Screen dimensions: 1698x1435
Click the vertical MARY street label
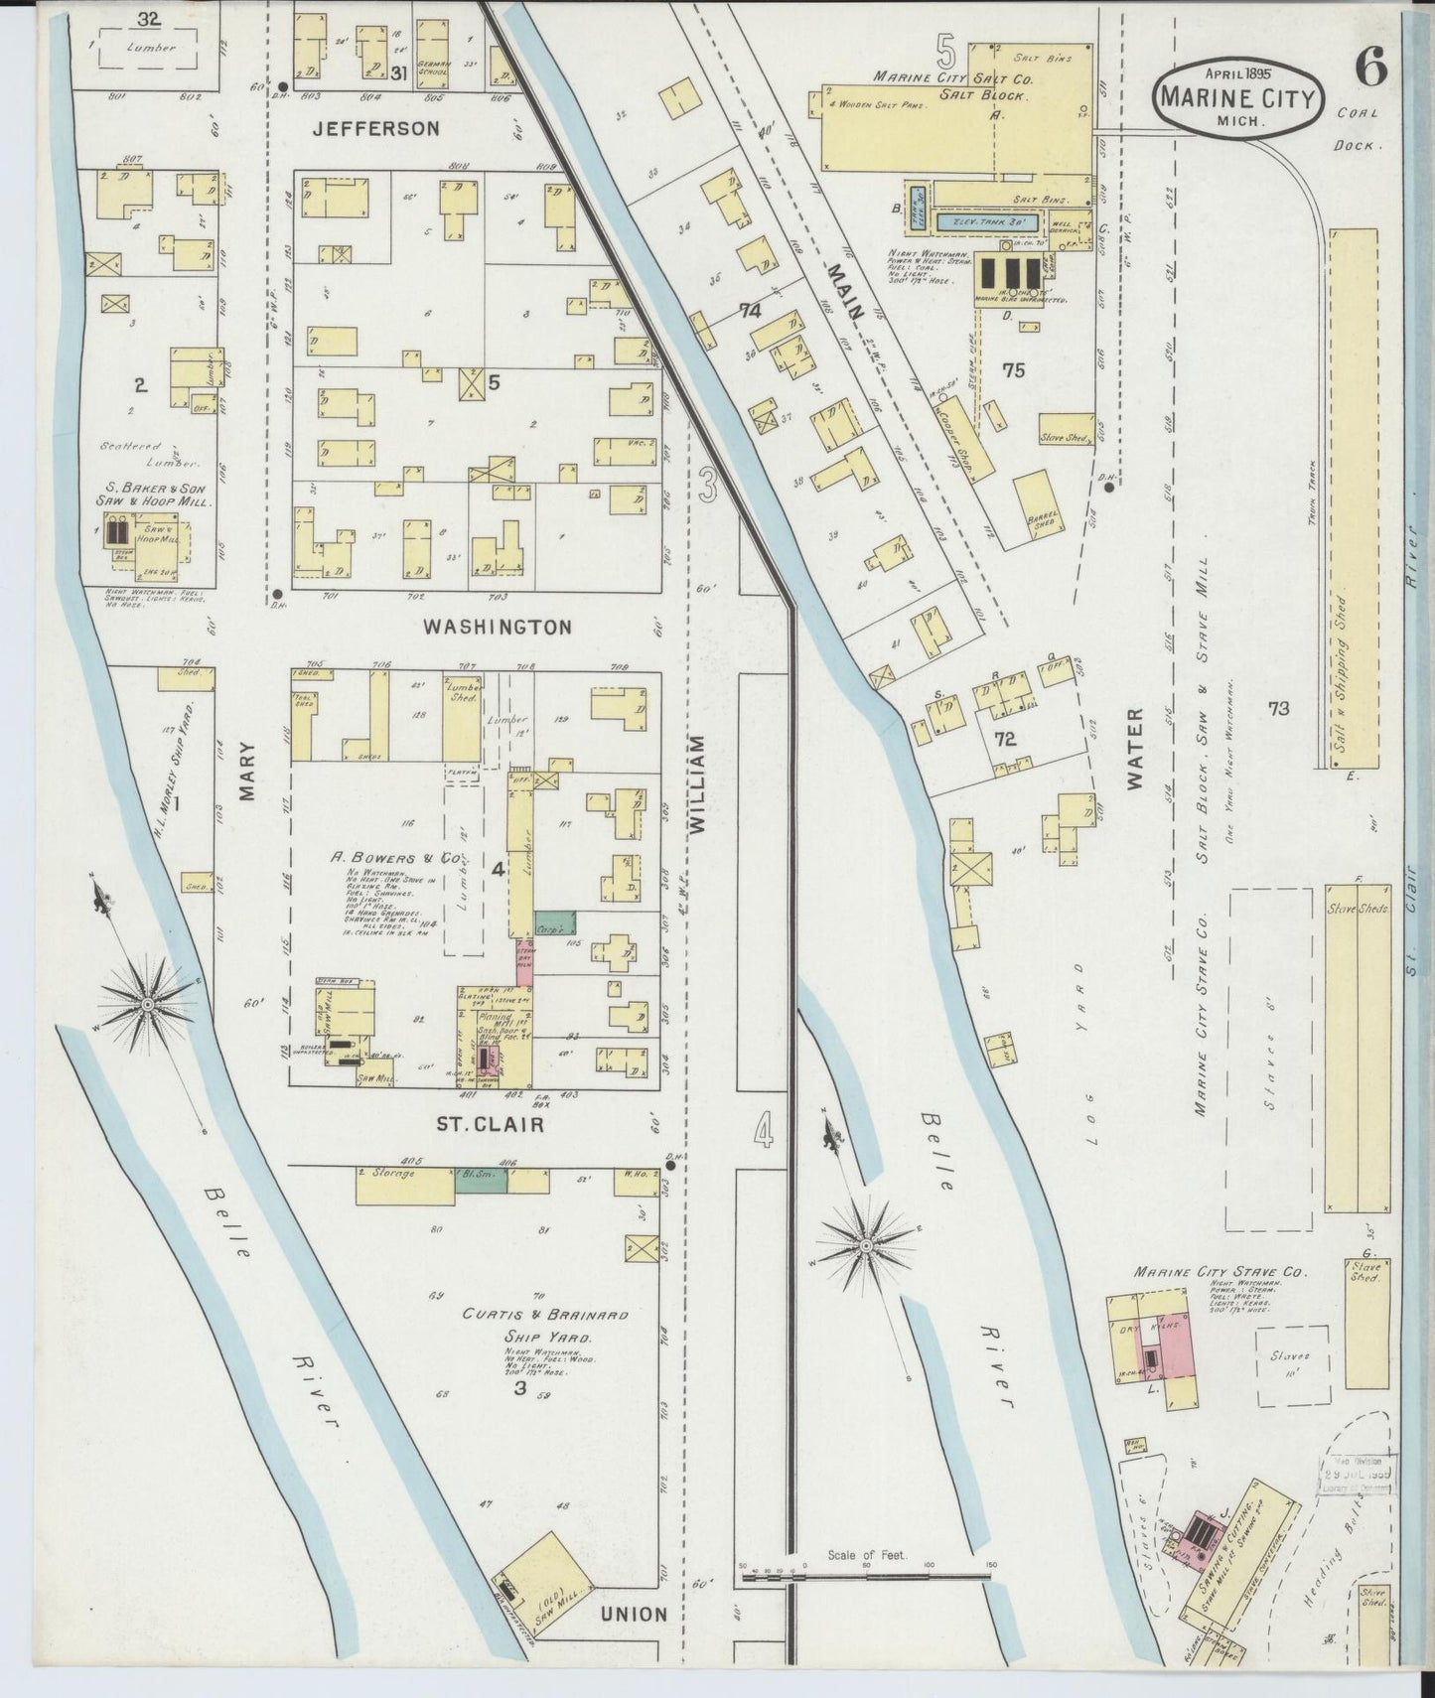(247, 771)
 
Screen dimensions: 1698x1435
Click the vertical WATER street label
(1136, 749)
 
